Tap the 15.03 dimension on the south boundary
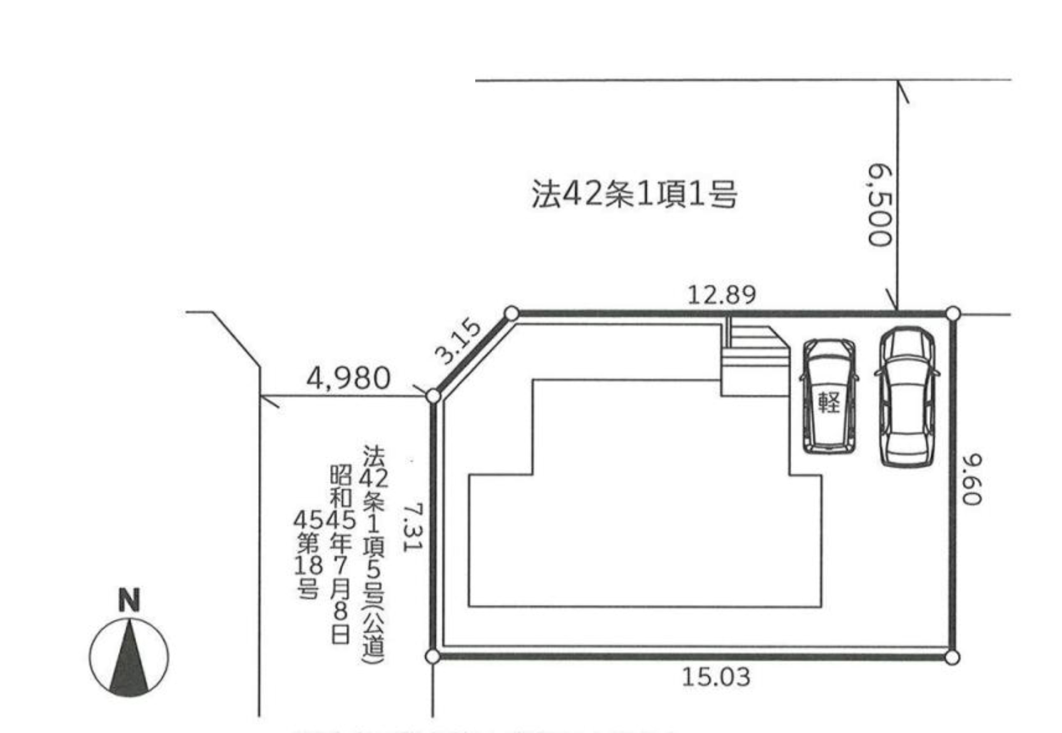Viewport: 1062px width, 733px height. pyautogui.click(x=716, y=677)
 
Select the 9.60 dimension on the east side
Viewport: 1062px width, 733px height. pyautogui.click(x=972, y=479)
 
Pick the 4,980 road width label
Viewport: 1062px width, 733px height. pyautogui.click(x=348, y=379)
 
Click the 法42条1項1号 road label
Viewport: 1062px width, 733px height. pyautogui.click(x=635, y=194)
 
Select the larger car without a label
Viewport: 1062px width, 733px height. pyautogui.click(x=907, y=397)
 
